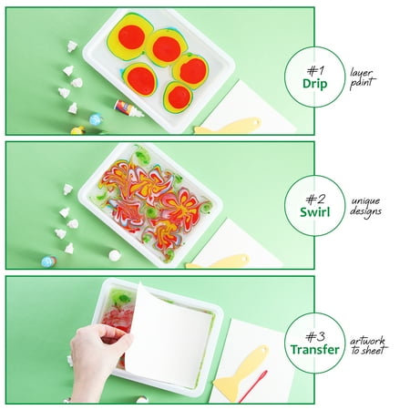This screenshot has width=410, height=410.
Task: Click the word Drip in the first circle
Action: coord(315,84)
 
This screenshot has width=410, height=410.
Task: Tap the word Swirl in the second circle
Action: coord(315,212)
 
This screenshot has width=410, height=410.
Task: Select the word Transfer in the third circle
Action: coord(315,350)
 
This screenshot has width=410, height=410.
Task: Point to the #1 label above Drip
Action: coord(315,71)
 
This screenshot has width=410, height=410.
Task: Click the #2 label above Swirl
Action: coord(315,200)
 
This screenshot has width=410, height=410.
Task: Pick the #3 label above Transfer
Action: coord(315,336)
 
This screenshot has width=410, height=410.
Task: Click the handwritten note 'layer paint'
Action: coord(363,78)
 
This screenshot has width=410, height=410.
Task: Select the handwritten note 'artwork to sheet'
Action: coord(369,345)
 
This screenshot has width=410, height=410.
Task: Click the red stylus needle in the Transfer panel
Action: coord(253,386)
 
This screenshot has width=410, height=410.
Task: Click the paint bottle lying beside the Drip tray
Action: coord(128,108)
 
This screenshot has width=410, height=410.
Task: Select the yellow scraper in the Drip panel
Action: coord(228,126)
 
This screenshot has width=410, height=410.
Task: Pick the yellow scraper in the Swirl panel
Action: coord(218,261)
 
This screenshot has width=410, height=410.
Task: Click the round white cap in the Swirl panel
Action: coord(115,255)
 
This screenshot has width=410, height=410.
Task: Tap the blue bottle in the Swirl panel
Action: coord(48,261)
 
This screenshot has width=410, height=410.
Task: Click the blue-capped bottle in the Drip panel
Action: coord(96,119)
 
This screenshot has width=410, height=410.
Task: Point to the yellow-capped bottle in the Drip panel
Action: coord(77,130)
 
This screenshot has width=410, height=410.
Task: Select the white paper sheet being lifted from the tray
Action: coord(169,337)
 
